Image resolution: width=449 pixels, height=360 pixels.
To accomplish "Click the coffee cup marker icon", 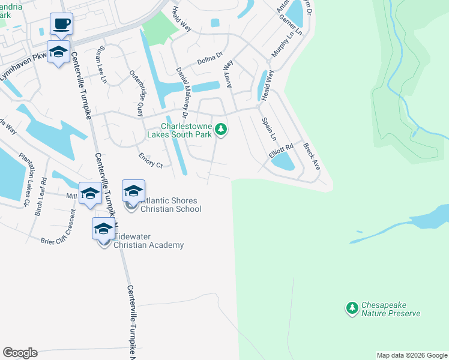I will point(61,25).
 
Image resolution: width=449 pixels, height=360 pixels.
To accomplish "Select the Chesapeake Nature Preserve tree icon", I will point(352,308).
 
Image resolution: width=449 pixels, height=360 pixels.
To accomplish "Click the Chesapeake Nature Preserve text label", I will point(391,310).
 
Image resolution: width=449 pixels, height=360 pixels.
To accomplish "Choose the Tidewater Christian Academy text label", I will point(148,241).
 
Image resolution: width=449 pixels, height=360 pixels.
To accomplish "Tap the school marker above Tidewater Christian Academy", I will point(103,229).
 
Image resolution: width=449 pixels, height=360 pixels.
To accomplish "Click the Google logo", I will point(20,353).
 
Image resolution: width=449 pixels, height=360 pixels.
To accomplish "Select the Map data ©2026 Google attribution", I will point(412,355).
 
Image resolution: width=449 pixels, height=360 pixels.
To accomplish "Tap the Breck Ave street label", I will point(312,156).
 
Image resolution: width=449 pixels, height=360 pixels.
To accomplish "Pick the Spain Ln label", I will point(269,130).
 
